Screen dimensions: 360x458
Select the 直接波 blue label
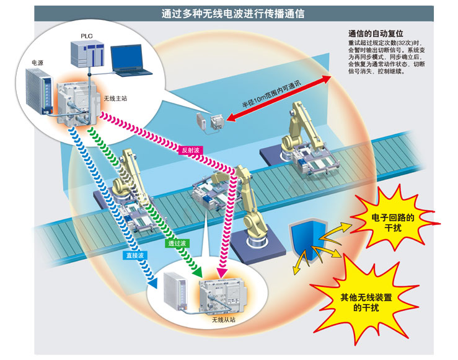tap(136, 255)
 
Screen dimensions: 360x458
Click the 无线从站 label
tap(224, 320)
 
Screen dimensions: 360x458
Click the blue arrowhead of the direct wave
tap(152, 283)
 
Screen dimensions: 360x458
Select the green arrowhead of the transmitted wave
tap(198, 271)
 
